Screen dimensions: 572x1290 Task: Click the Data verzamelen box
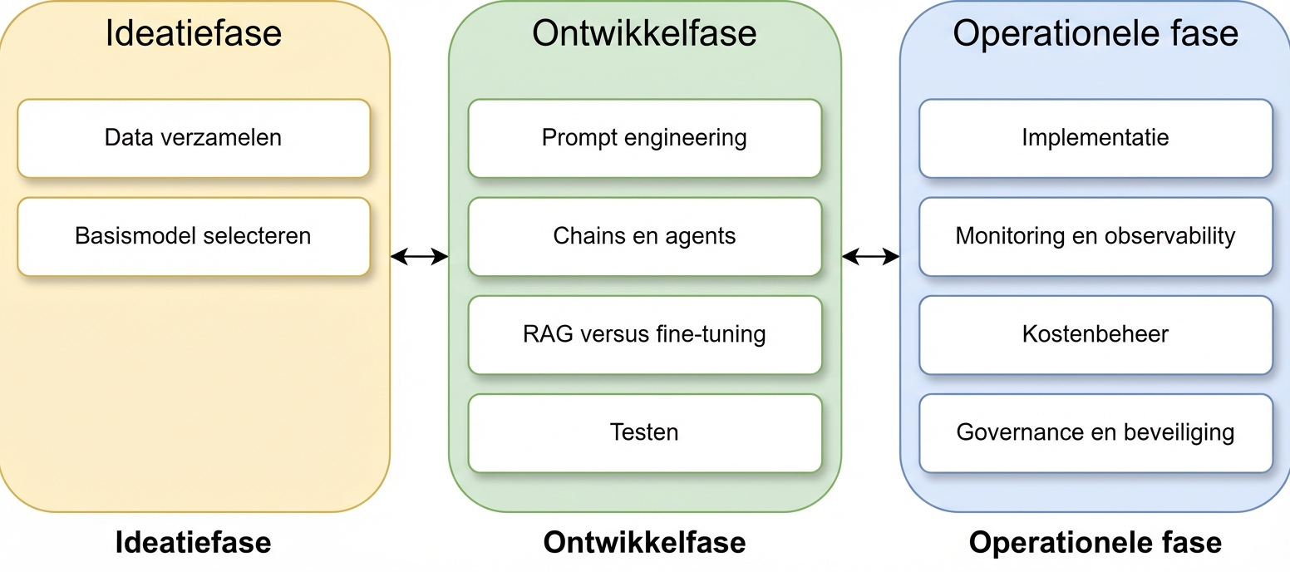pyautogui.click(x=193, y=138)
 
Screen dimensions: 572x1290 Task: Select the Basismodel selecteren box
pyautogui.click(x=193, y=236)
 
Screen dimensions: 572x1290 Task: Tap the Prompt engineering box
pyautogui.click(x=644, y=138)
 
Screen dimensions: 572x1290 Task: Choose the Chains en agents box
pyautogui.click(x=644, y=236)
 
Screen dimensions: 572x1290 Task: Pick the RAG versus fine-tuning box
pyautogui.click(x=644, y=334)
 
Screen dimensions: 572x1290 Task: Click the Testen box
pyautogui.click(x=644, y=432)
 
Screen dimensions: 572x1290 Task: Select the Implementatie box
pyautogui.click(x=1096, y=138)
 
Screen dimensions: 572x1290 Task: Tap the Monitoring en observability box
pyautogui.click(x=1096, y=236)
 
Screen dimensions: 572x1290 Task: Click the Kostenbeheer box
pyautogui.click(x=1096, y=334)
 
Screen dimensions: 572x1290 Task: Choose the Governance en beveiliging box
pyautogui.click(x=1096, y=432)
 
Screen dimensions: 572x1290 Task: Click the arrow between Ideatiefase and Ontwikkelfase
pyautogui.click(x=419, y=257)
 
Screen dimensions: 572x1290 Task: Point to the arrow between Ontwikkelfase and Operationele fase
pyautogui.click(x=870, y=257)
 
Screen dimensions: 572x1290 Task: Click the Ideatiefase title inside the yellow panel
pyautogui.click(x=194, y=33)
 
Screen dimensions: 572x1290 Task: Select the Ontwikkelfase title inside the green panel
pyautogui.click(x=644, y=33)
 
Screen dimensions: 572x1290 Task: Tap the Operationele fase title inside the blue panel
pyautogui.click(x=1096, y=33)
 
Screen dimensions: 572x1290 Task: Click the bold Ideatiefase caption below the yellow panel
pyautogui.click(x=193, y=543)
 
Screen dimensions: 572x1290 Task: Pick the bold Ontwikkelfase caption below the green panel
pyautogui.click(x=644, y=543)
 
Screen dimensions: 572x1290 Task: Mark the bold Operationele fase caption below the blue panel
pyautogui.click(x=1096, y=543)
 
